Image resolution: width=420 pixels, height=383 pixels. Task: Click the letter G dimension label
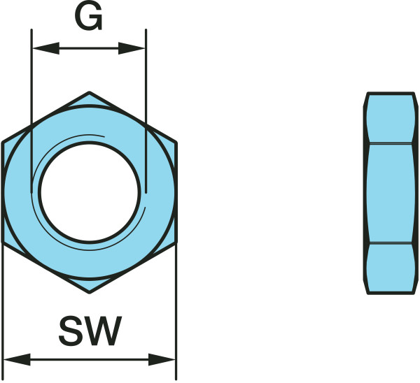[89, 19]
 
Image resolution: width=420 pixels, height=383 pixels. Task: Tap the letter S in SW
[73, 331]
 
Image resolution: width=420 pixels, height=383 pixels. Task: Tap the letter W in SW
[104, 331]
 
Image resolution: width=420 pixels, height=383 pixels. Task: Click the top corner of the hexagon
[89, 92]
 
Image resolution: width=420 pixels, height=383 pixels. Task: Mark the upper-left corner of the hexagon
[3, 143]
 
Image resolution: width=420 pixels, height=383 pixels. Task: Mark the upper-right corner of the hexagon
[176, 143]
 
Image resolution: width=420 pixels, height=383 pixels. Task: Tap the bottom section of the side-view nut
[389, 269]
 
